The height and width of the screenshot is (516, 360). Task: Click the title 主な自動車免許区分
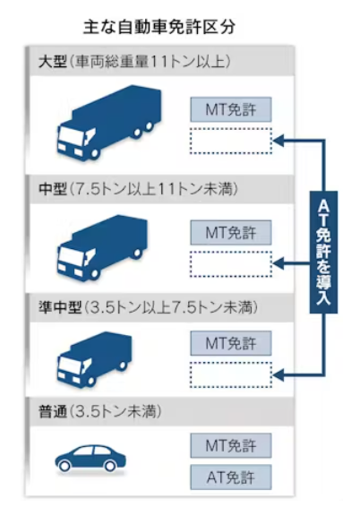tap(159, 27)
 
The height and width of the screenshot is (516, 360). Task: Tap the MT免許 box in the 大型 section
tap(231, 109)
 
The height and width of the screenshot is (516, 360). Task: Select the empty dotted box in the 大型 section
tap(231, 141)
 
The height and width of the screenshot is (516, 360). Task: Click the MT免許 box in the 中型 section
tap(231, 233)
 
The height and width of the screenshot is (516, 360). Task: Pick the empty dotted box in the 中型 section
tap(231, 264)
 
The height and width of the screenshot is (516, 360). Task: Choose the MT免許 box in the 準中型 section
tap(231, 343)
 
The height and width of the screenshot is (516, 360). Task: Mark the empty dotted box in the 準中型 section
tap(231, 374)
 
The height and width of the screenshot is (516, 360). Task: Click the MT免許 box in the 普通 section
tap(231, 445)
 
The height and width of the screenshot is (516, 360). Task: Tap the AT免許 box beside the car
tap(231, 477)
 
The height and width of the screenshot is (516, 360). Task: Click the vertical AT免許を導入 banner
tap(323, 252)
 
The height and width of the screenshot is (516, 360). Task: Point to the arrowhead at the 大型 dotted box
tap(279, 141)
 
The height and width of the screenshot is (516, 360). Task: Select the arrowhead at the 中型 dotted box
tap(279, 263)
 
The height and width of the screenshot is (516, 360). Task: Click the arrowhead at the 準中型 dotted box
tap(279, 374)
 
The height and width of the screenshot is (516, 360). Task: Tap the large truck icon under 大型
tap(109, 123)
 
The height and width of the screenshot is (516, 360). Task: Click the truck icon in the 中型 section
tap(102, 247)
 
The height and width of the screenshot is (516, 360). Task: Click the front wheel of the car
tap(64, 466)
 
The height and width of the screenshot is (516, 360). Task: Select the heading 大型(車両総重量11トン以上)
tap(134, 62)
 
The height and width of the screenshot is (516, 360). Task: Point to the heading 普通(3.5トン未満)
tap(99, 411)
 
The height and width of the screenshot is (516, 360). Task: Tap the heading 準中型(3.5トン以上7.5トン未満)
tap(148, 307)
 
